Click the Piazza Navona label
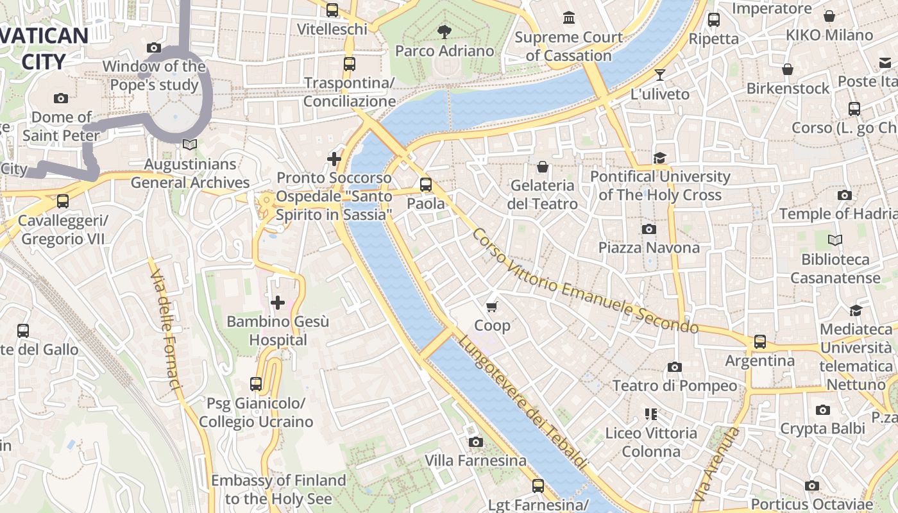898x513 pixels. [648, 248]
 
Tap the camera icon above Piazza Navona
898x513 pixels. [648, 229]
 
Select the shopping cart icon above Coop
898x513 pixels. [492, 307]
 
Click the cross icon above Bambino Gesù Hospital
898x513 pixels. [278, 302]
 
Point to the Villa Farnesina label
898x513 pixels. [475, 460]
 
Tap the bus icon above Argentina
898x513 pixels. [760, 342]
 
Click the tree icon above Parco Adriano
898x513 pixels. [444, 31]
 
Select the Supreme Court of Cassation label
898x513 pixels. [568, 46]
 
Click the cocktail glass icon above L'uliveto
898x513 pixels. [659, 75]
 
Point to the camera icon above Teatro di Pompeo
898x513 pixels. [674, 367]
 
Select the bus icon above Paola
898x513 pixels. [426, 185]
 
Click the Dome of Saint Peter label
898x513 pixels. [61, 126]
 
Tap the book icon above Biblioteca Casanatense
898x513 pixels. [834, 240]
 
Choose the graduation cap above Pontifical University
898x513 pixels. [659, 158]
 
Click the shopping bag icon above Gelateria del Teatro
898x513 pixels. [543, 167]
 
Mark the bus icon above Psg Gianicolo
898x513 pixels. [256, 384]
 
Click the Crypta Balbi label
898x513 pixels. [822, 428]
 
